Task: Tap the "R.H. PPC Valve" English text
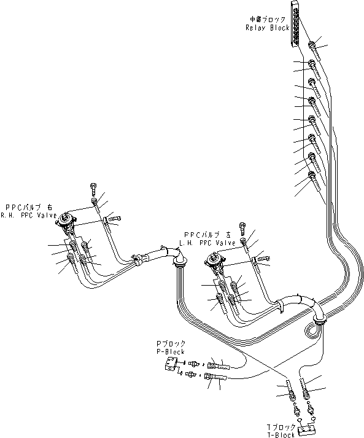[x=29, y=216]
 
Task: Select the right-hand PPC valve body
[x=66, y=224]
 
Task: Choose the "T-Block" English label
[x=282, y=432]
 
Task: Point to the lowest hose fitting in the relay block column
[x=314, y=178]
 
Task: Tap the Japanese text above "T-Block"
[x=282, y=426]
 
